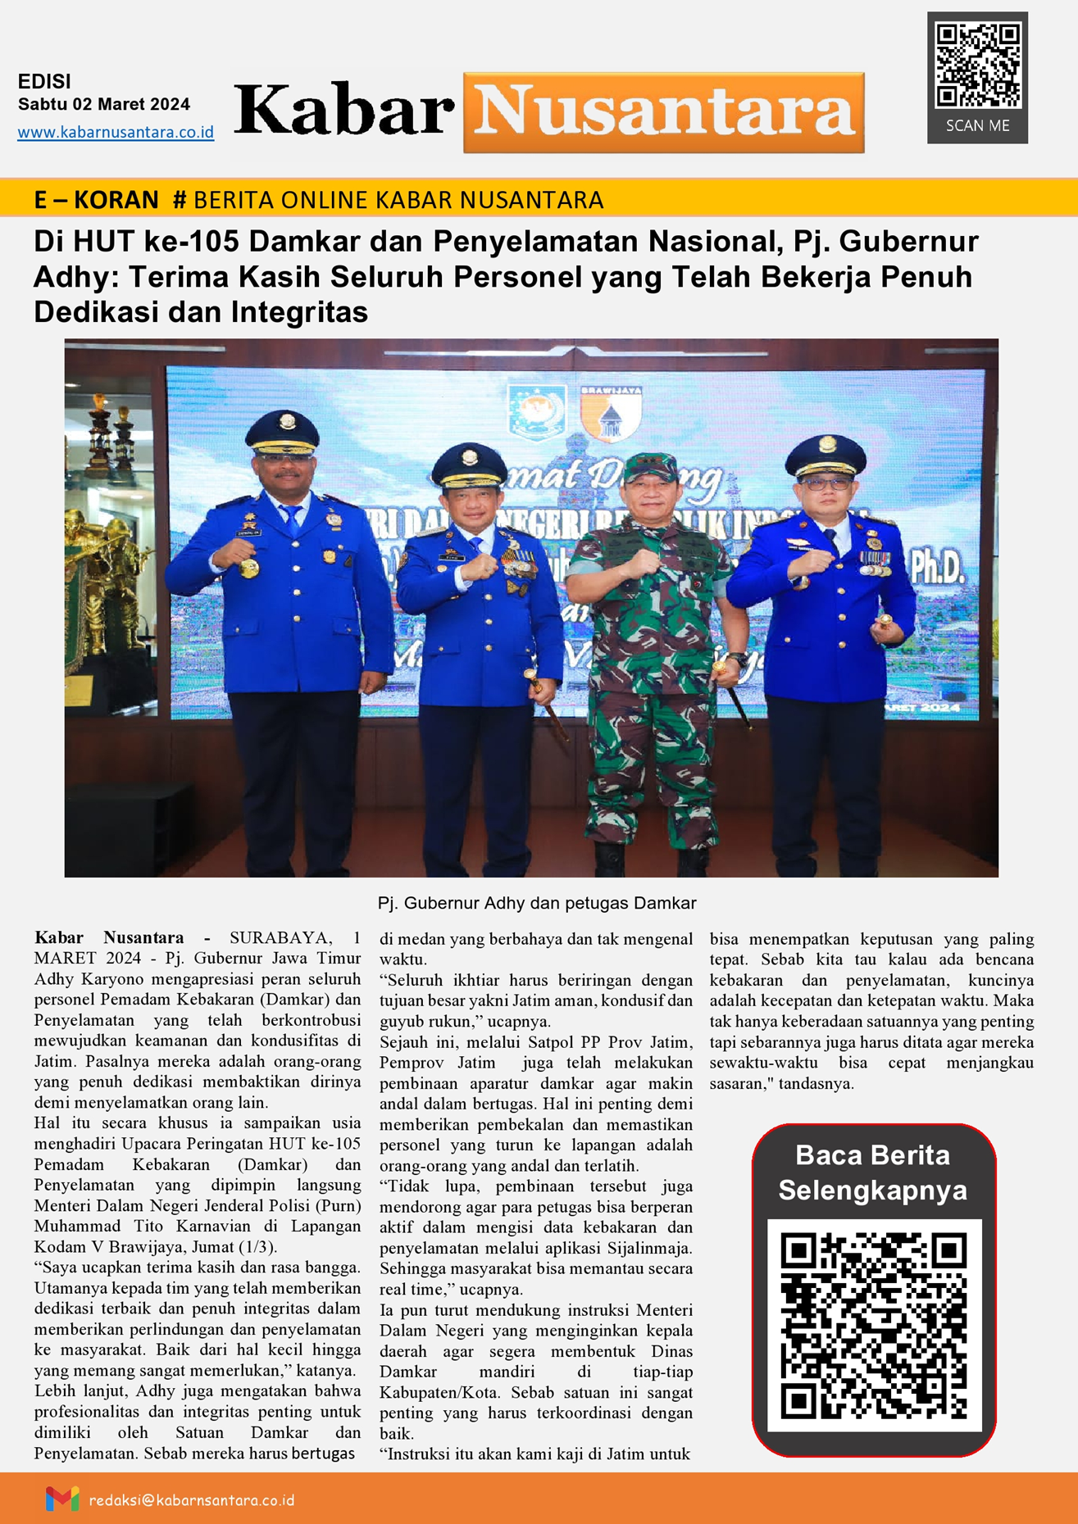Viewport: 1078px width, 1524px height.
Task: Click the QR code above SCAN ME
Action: (978, 66)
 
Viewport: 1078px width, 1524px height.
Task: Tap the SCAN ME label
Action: (977, 126)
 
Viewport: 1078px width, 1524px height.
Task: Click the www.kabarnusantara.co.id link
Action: (116, 132)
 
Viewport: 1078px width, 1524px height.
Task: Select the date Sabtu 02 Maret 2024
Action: (104, 104)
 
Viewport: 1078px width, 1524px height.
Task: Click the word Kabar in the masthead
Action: (344, 111)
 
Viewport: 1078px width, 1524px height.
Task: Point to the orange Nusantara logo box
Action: (663, 112)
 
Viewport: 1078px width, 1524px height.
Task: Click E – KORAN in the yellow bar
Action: (96, 200)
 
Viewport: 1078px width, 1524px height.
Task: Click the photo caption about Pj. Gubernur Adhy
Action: (536, 903)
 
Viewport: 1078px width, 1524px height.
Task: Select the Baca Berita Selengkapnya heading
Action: (872, 1172)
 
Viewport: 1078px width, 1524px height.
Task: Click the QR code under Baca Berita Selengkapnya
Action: (874, 1326)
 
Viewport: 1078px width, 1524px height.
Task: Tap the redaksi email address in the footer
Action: (191, 1500)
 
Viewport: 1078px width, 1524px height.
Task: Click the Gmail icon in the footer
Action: (62, 1499)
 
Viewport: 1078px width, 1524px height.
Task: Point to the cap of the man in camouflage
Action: (651, 467)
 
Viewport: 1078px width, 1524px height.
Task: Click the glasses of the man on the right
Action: (826, 483)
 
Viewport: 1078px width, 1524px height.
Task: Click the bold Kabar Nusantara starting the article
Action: (109, 937)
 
